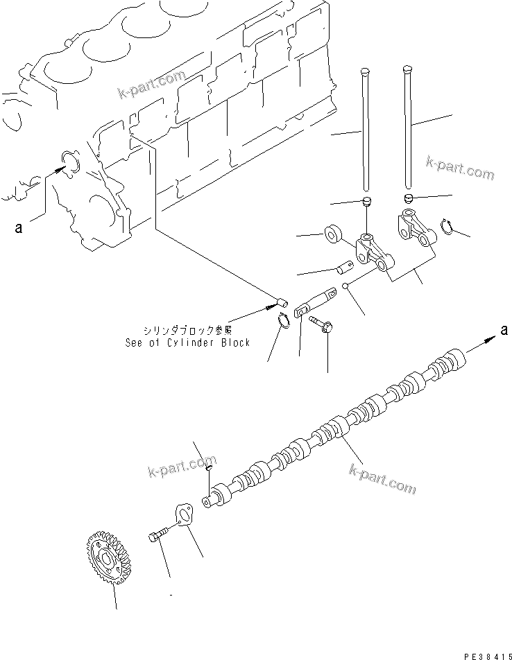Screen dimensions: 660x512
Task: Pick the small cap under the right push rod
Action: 409,199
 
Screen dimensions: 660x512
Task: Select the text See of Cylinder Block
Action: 188,342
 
